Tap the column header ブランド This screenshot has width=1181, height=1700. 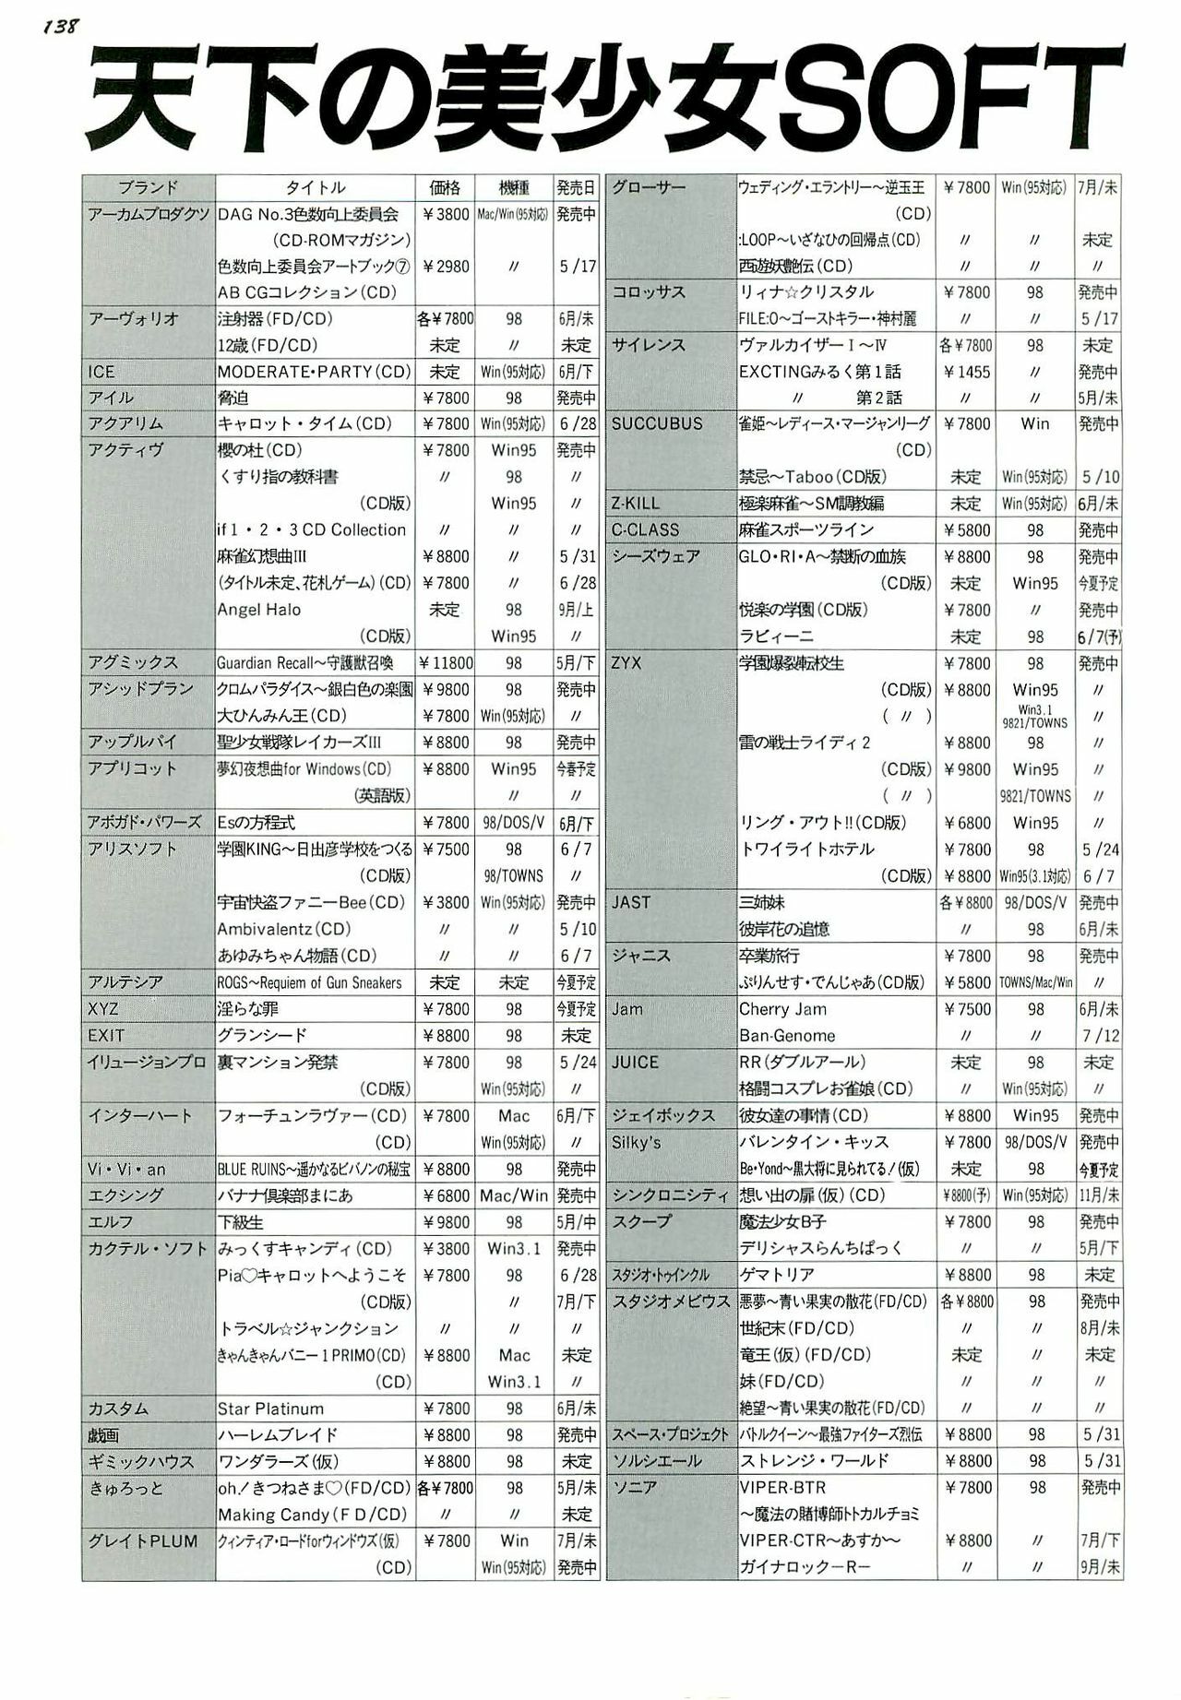[x=148, y=188]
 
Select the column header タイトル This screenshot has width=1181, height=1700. [x=315, y=188]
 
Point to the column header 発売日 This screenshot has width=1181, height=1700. [x=577, y=188]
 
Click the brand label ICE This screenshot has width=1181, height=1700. [x=101, y=372]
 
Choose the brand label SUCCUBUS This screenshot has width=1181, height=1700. [x=656, y=424]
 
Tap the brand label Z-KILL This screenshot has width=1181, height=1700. [x=636, y=504]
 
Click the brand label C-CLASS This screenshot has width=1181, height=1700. [x=645, y=530]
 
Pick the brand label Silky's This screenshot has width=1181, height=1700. [x=636, y=1142]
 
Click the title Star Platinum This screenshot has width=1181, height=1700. [x=270, y=1409]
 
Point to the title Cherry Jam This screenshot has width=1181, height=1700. [x=782, y=1009]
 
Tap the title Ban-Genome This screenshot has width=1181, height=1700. [x=786, y=1036]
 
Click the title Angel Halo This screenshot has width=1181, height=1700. [x=258, y=610]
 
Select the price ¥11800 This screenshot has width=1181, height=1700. [x=446, y=663]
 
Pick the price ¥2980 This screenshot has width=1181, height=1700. [x=446, y=267]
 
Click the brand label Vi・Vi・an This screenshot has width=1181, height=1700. [x=126, y=1170]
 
